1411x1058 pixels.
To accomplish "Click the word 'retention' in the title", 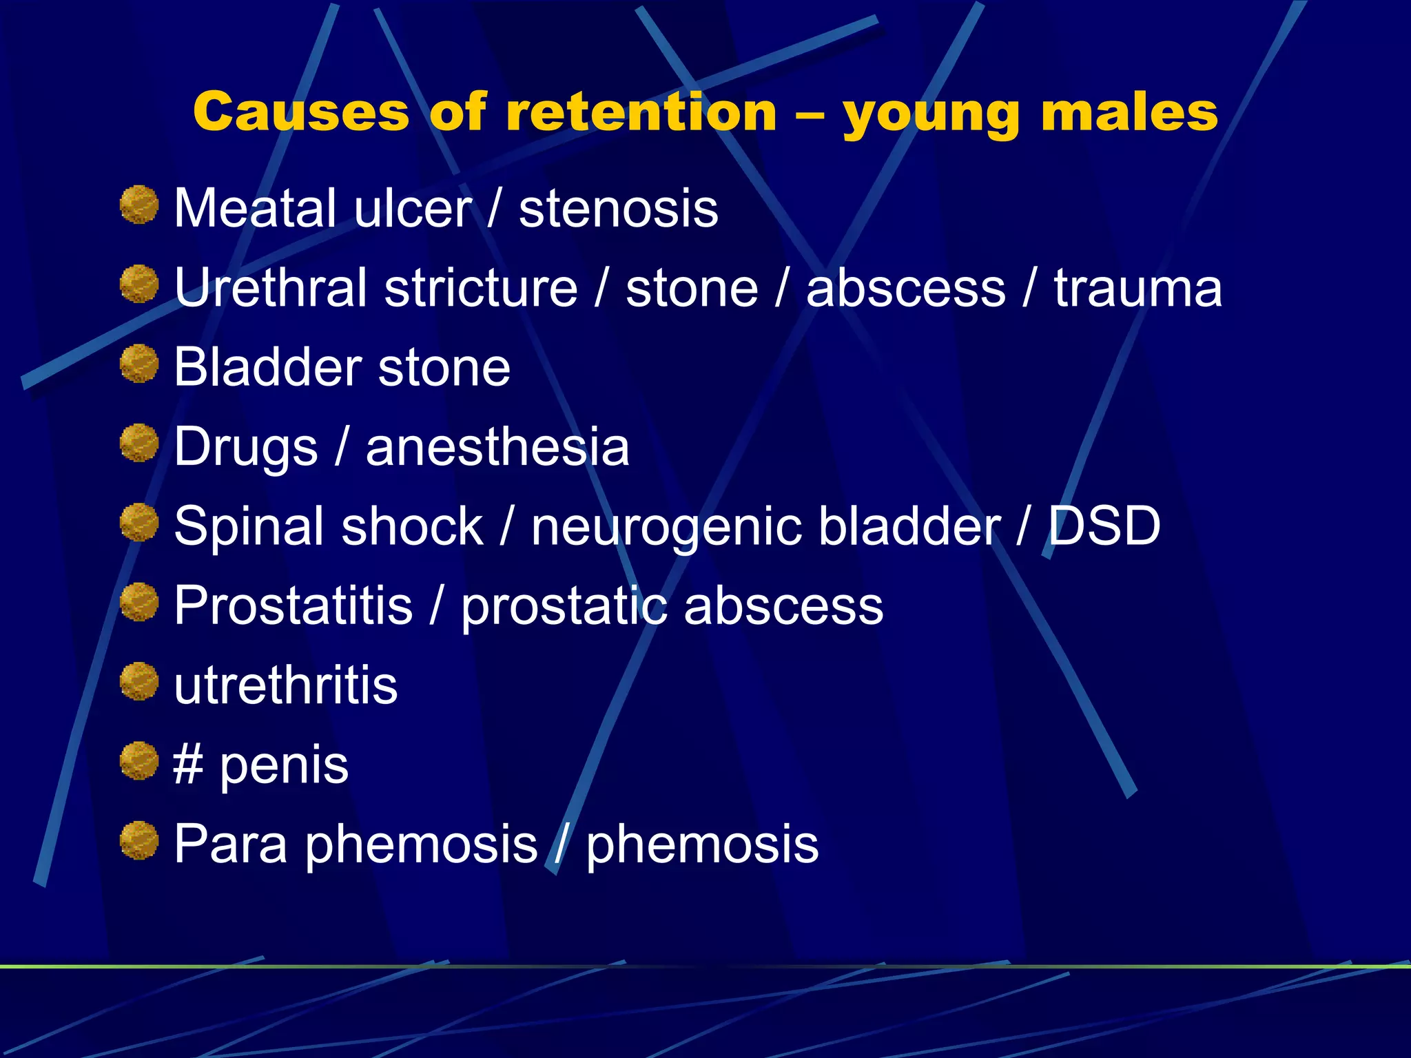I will [641, 112].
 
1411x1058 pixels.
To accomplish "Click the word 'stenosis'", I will [618, 208].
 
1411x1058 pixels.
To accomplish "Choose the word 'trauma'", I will [1137, 287].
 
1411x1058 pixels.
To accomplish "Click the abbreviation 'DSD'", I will [1104, 526].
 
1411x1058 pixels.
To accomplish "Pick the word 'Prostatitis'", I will [293, 605].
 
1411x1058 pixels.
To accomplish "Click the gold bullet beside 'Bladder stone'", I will [139, 364].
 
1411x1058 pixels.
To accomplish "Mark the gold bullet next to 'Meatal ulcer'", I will [139, 205].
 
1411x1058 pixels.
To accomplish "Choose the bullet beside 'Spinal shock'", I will [139, 522].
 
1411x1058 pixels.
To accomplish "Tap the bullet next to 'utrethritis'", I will [139, 681].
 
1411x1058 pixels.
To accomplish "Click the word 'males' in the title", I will [1129, 112].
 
